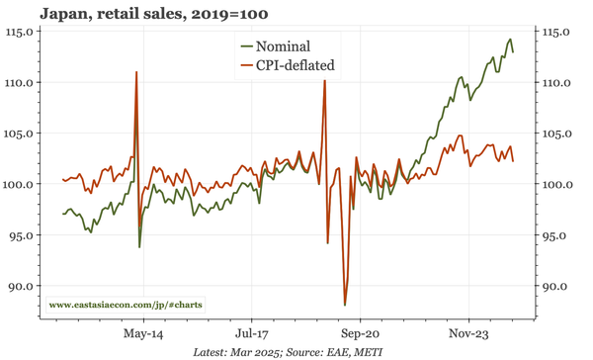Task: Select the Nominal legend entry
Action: pyautogui.click(x=282, y=46)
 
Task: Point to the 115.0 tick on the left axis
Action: pyautogui.click(x=22, y=32)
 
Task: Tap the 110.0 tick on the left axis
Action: pyautogui.click(x=22, y=82)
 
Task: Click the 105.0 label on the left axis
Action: pyautogui.click(x=22, y=134)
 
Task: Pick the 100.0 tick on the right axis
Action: pyautogui.click(x=561, y=184)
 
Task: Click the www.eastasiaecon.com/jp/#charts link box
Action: pyautogui.click(x=125, y=305)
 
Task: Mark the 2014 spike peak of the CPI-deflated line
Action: pyautogui.click(x=136, y=72)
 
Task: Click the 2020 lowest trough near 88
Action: pyautogui.click(x=345, y=305)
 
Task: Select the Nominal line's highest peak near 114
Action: pyautogui.click(x=510, y=40)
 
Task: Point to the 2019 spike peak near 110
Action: pyautogui.click(x=324, y=81)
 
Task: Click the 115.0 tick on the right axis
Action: pyautogui.click(x=561, y=32)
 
